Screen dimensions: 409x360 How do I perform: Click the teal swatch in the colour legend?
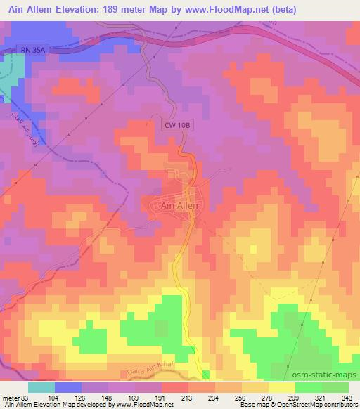tap(41, 387)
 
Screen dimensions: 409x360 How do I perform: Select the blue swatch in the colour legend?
tap(68, 387)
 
